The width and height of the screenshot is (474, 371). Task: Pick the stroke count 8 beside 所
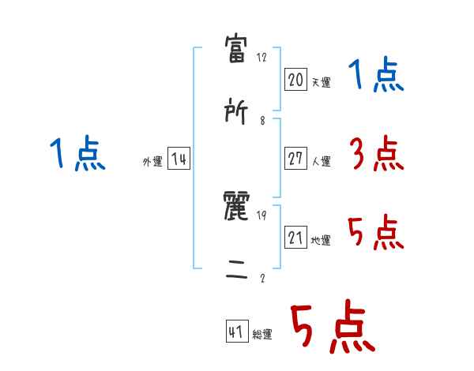click(261, 121)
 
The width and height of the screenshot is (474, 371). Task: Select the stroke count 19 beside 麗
click(262, 215)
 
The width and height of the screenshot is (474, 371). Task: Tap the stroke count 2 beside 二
click(261, 278)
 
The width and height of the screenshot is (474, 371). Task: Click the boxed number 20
click(295, 79)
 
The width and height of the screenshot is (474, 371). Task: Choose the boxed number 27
click(295, 158)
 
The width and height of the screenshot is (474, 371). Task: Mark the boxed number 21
click(295, 237)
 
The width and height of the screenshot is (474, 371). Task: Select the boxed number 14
click(179, 159)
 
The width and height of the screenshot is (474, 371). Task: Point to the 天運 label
click(321, 81)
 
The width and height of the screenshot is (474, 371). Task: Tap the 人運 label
click(321, 161)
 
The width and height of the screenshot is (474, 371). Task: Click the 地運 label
click(321, 240)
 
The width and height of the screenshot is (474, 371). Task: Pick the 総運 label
click(262, 335)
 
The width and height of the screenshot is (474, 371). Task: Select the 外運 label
click(152, 162)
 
